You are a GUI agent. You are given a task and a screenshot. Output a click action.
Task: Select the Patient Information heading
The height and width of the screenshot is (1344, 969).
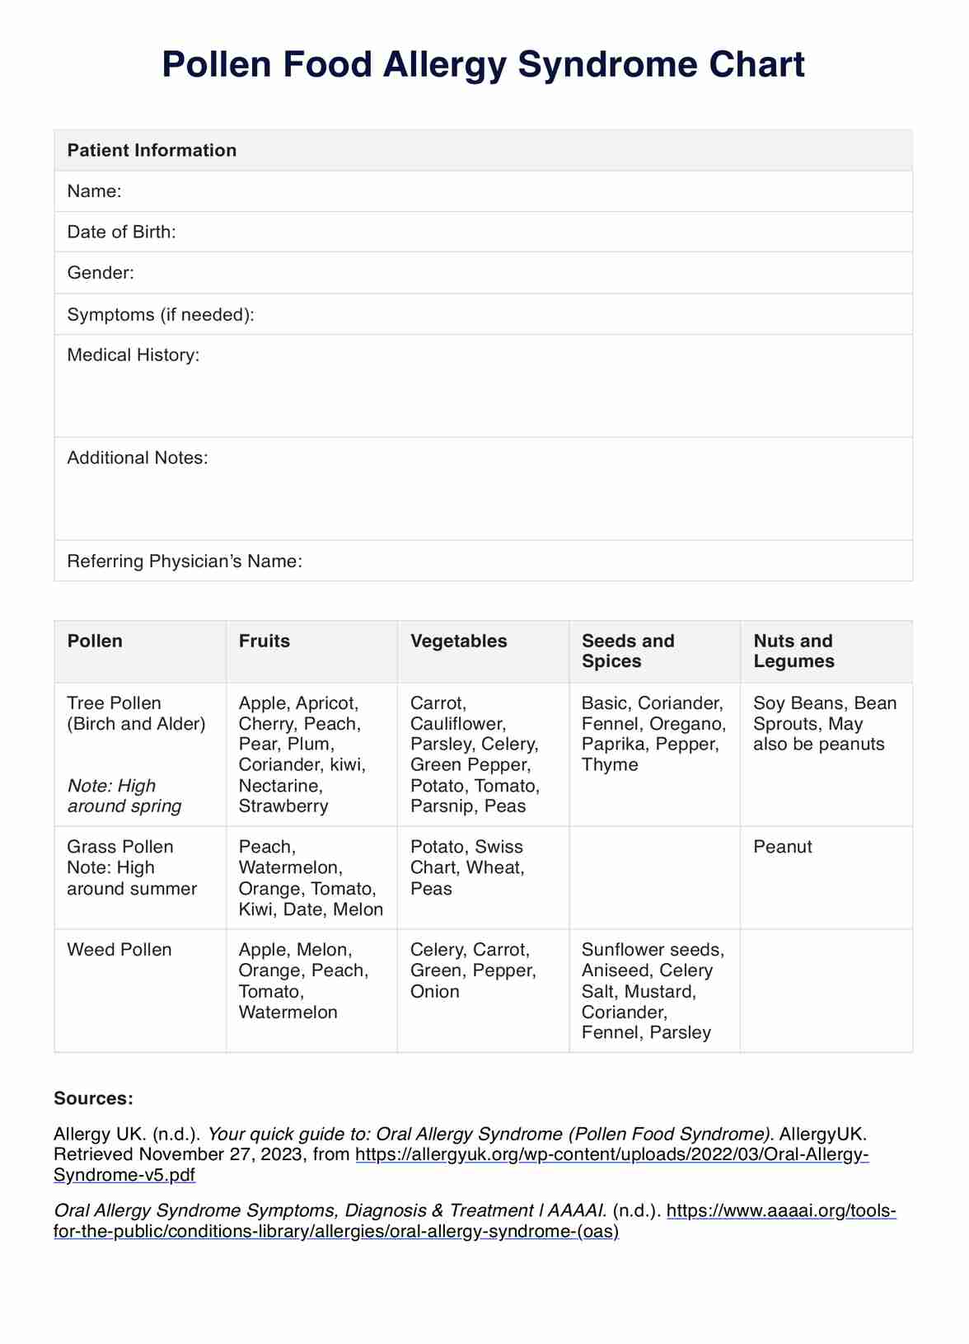point(152,150)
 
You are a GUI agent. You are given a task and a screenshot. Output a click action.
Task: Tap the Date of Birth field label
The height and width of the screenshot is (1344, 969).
point(121,232)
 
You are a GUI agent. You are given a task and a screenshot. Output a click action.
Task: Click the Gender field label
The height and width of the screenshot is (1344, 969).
point(101,273)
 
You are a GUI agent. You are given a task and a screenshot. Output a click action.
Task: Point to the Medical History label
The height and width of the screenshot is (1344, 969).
point(133,355)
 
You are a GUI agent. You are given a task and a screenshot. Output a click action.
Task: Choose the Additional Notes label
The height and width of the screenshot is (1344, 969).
point(138,458)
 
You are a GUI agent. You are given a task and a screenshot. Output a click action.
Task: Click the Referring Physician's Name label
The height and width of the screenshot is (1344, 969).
point(185,562)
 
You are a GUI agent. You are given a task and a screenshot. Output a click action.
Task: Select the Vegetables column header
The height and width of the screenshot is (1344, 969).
point(458,641)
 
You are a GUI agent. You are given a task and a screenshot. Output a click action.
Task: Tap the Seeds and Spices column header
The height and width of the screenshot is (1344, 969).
point(628,651)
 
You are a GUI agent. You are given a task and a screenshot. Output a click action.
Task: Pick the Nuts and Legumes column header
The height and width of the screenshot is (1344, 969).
point(793,651)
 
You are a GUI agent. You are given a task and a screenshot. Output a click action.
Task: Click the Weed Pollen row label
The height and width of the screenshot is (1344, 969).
point(119,950)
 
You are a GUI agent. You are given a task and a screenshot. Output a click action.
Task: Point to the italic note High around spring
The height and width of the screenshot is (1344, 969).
point(124,797)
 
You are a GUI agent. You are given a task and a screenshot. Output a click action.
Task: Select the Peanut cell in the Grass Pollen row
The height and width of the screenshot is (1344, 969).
point(783,847)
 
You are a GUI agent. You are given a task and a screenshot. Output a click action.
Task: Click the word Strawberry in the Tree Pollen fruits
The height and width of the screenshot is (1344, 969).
point(283,806)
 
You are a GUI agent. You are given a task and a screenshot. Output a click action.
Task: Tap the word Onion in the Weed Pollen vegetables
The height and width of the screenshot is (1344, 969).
point(434,992)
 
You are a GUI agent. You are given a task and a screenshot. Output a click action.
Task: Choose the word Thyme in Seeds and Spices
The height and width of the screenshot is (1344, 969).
point(610,765)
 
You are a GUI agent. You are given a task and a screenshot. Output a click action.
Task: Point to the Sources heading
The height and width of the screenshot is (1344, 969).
point(93,1098)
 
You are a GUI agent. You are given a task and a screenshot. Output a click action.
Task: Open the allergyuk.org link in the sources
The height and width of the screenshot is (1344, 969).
point(611,1154)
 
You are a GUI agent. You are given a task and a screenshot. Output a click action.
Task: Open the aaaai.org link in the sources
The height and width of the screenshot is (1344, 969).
point(780,1211)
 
